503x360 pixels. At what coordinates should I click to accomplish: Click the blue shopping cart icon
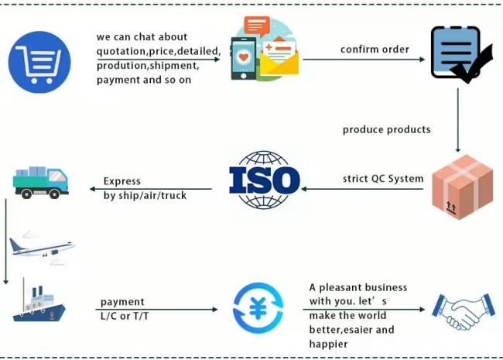tap(39, 62)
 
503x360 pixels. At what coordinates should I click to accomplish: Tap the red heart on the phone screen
tap(244, 57)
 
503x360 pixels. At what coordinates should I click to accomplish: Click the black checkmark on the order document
tap(471, 64)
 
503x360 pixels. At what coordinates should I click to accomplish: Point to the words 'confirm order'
tap(375, 50)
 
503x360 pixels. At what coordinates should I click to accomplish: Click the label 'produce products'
tap(387, 129)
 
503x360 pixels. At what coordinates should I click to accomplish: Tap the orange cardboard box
tap(462, 187)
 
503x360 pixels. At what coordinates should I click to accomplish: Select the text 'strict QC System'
tap(383, 179)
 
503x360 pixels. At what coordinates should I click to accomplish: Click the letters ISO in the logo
tap(265, 180)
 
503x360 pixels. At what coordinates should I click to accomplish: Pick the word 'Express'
tap(122, 181)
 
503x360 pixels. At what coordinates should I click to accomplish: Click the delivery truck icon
tap(41, 182)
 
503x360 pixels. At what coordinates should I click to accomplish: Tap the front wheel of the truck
tap(54, 194)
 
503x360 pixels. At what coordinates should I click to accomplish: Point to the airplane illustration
tap(42, 248)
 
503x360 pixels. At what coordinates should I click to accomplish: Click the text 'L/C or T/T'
tap(125, 317)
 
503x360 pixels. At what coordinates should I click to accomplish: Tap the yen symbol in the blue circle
tap(258, 308)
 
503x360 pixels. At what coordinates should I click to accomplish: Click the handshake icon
tap(464, 311)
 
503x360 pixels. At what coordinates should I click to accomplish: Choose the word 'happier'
tap(328, 345)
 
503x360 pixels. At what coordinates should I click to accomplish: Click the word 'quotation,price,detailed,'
tap(159, 51)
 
